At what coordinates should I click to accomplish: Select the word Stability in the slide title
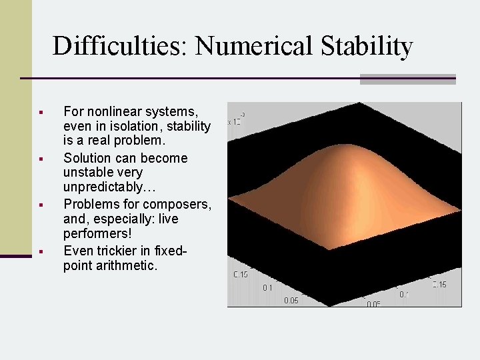367,47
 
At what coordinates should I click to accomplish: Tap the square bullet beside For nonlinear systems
41,111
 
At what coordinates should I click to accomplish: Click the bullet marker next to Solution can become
41,159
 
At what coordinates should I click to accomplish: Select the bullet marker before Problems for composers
41,205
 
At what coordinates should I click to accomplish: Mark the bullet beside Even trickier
41,251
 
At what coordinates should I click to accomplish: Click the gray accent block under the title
407,79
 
